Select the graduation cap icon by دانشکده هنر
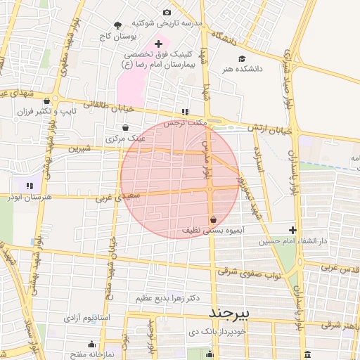[x=243, y=58]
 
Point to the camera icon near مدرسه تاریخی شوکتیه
[x=167, y=13]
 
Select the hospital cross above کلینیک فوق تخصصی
[x=158, y=44]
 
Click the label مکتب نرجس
[x=185, y=122]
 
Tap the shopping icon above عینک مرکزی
[x=125, y=128]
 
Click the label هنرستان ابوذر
[x=29, y=198]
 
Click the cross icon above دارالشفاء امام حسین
[x=293, y=230]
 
